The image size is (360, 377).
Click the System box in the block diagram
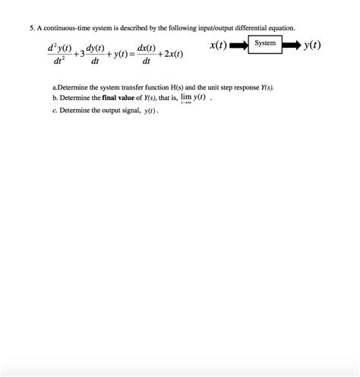tap(265, 44)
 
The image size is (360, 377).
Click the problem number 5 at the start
tap(23, 27)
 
